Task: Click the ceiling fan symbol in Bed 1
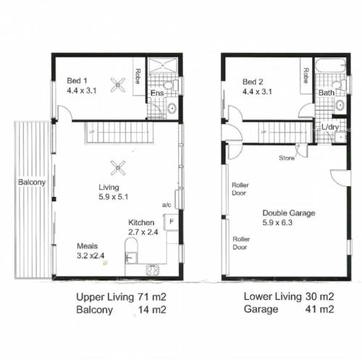(x=118, y=85)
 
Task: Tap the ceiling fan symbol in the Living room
(x=118, y=168)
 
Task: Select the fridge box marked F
(x=171, y=222)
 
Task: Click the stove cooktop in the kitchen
(x=153, y=270)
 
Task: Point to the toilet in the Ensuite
(x=171, y=85)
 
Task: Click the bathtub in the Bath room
(x=331, y=65)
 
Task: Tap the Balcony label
(x=32, y=182)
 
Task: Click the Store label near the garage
(x=287, y=158)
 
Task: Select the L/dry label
(x=330, y=127)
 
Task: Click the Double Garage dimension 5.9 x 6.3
(x=277, y=222)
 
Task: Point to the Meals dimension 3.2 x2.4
(x=90, y=256)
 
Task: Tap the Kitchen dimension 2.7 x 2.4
(x=143, y=233)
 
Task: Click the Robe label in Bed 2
(x=306, y=75)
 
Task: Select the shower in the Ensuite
(x=163, y=64)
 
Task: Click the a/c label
(x=167, y=205)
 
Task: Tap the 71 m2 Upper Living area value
(x=152, y=297)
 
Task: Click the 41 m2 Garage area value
(x=319, y=309)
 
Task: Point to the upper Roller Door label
(x=240, y=189)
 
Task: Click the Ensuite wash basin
(x=172, y=109)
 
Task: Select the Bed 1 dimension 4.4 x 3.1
(x=82, y=91)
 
